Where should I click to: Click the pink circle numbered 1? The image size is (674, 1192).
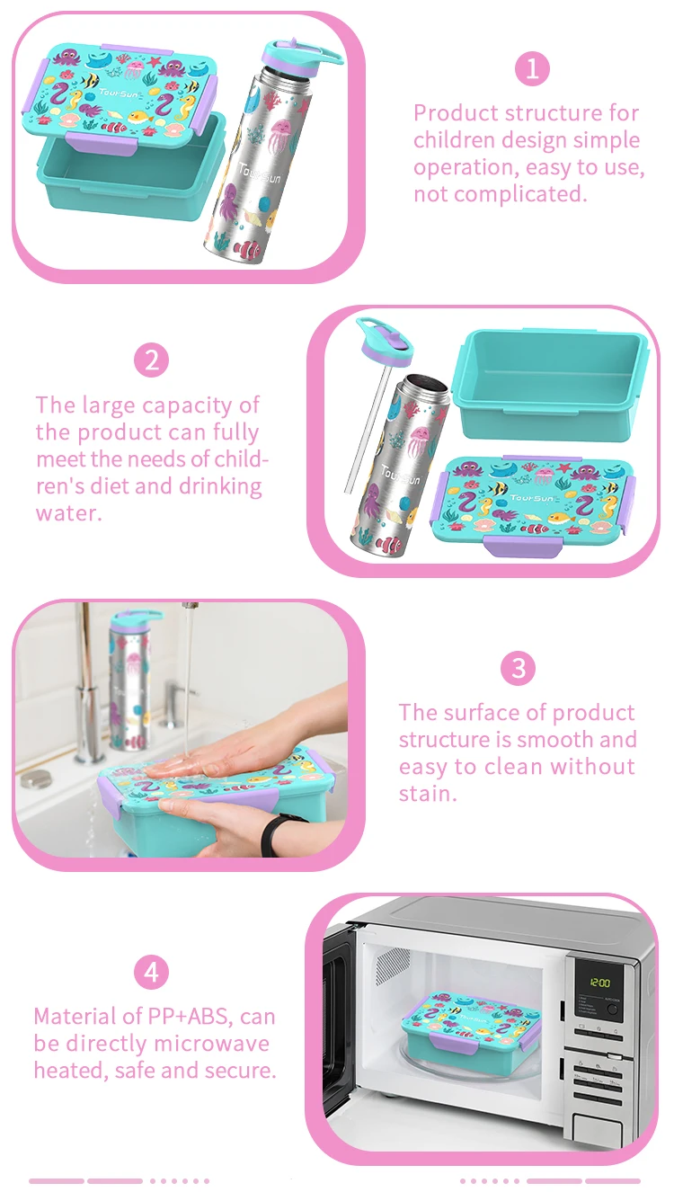coord(532,68)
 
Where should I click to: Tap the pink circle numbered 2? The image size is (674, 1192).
coord(151,360)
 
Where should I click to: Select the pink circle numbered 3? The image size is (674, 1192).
coord(518,668)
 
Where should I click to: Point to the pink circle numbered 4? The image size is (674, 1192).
coord(151,972)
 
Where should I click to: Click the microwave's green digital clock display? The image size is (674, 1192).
coord(599,983)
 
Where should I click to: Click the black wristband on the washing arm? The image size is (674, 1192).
coord(271,835)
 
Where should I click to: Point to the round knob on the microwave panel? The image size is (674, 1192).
coord(613,1009)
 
